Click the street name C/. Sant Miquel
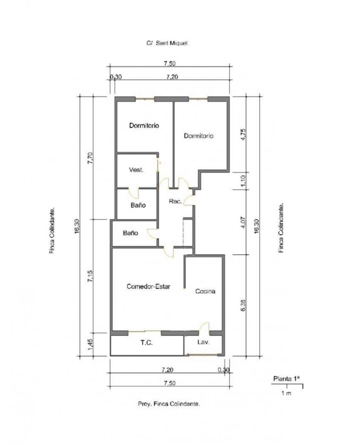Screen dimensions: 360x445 tap(168, 43)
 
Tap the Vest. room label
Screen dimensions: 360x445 tap(136, 170)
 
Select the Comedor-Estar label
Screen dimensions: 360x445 tap(148, 286)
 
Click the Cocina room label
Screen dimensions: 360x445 tap(205, 291)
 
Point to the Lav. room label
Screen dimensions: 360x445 tap(203, 342)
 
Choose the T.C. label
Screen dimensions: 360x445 tap(147, 343)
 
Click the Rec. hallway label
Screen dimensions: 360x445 tap(175, 201)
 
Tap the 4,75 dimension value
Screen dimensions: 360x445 tap(243, 134)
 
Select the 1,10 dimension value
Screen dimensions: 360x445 tap(243, 180)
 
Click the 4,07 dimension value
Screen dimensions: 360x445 tap(243, 222)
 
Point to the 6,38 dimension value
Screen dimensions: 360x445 tap(243, 305)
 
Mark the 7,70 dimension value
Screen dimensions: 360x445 tap(90, 158)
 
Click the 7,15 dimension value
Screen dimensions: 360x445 tap(90, 276)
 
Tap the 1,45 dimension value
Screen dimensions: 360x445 tap(90, 344)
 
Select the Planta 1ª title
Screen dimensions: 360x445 tap(287, 379)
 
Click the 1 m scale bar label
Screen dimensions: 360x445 tap(287, 393)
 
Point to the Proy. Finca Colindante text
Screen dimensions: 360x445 tap(169, 404)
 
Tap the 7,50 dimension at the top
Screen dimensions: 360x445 tap(169, 63)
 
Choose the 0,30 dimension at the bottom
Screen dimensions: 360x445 tap(224, 370)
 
